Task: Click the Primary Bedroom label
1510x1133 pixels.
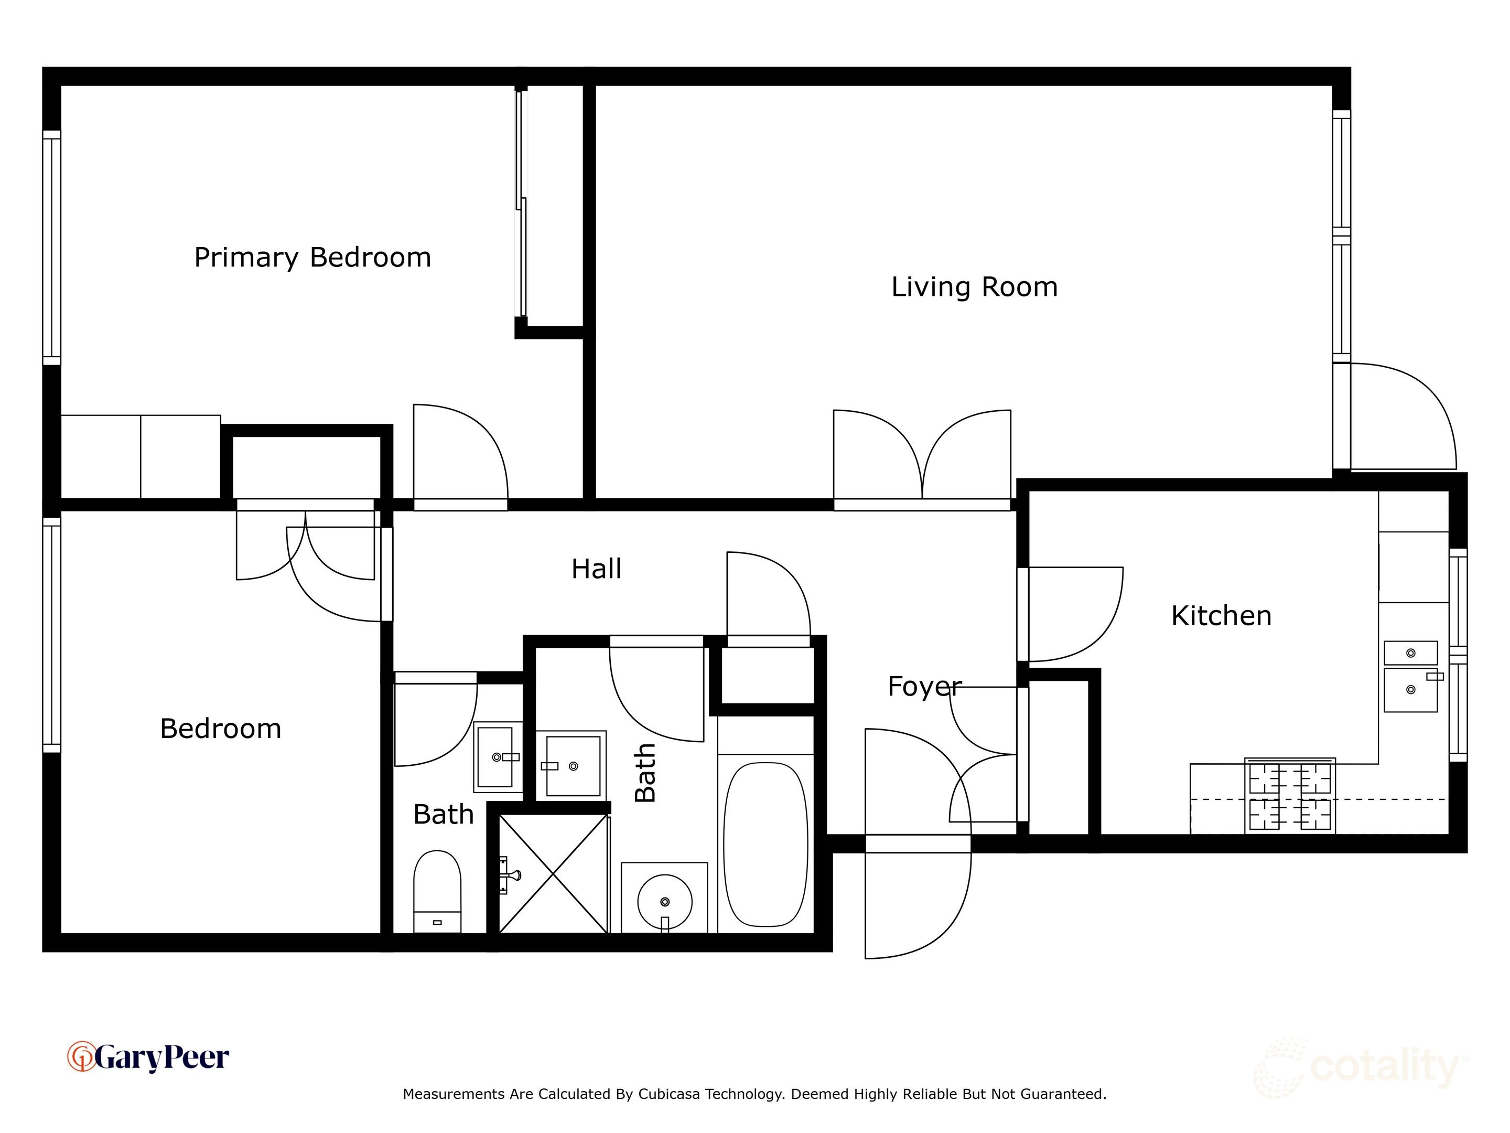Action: tap(312, 258)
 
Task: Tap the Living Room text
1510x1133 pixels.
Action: tap(974, 287)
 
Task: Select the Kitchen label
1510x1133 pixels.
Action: tap(1221, 616)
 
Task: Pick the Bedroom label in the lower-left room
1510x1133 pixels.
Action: tap(221, 729)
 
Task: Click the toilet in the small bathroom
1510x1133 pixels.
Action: tap(438, 891)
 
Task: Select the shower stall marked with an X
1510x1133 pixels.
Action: tap(554, 873)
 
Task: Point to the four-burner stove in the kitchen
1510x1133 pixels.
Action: tap(1290, 796)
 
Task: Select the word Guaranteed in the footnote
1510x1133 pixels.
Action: tap(1063, 1094)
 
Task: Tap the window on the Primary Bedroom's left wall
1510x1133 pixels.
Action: tap(52, 248)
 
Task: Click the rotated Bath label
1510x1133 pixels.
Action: tap(645, 773)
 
